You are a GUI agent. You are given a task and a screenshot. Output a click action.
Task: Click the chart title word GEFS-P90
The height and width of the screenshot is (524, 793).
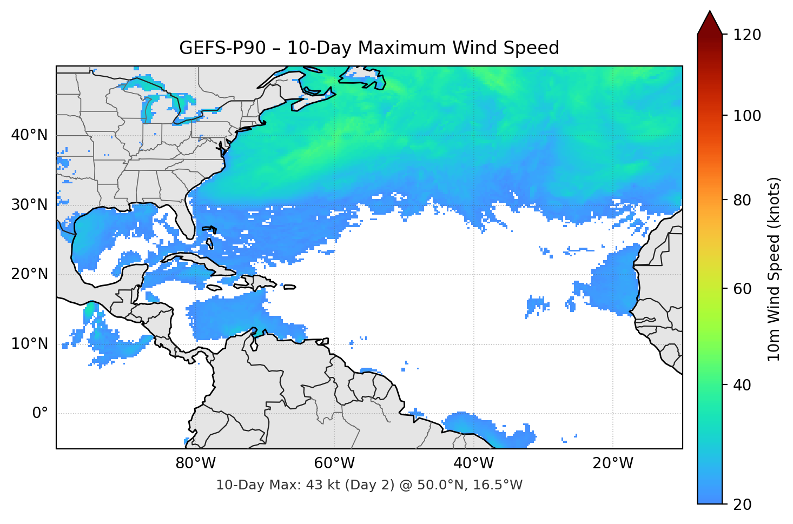pyautogui.click(x=222, y=48)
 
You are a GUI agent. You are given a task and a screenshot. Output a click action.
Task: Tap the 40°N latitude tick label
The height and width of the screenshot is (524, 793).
pyautogui.click(x=29, y=135)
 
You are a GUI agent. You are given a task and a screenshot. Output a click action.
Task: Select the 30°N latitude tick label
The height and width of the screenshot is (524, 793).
pyautogui.click(x=29, y=205)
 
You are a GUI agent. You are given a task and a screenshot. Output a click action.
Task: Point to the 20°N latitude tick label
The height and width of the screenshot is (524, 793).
pyautogui.click(x=29, y=274)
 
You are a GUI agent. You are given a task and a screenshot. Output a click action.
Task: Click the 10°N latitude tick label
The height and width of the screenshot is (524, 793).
pyautogui.click(x=29, y=344)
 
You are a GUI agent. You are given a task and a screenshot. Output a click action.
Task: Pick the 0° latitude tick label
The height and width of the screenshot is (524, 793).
pyautogui.click(x=40, y=414)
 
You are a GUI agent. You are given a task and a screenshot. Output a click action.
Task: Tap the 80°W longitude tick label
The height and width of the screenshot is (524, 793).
pyautogui.click(x=195, y=463)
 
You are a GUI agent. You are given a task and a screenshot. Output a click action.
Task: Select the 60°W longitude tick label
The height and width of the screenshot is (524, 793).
pyautogui.click(x=334, y=463)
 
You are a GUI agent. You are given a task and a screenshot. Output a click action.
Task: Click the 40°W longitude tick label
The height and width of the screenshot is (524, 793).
pyautogui.click(x=473, y=463)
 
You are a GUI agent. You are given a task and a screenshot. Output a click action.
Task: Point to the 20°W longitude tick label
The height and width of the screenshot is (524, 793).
pyautogui.click(x=612, y=463)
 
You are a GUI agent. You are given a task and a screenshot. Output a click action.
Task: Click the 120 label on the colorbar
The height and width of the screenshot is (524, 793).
pyautogui.click(x=747, y=35)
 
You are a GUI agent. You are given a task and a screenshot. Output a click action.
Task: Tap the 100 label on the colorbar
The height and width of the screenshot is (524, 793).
pyautogui.click(x=747, y=116)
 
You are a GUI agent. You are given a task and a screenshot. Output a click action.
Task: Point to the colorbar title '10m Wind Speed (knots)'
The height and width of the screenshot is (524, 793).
pyautogui.click(x=774, y=269)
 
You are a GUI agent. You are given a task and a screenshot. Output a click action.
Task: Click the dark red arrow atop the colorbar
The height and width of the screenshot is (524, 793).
pyautogui.click(x=710, y=23)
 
